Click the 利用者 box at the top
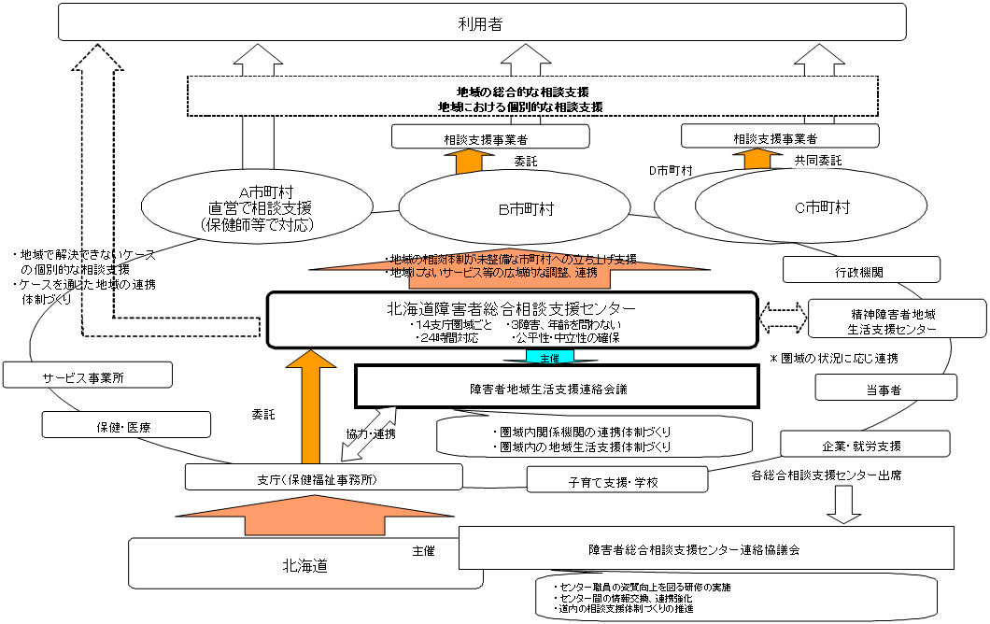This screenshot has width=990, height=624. click(x=482, y=21)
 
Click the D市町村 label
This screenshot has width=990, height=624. click(x=670, y=171)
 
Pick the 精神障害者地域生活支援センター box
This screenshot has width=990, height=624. click(x=896, y=319)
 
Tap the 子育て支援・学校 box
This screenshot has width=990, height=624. click(x=617, y=480)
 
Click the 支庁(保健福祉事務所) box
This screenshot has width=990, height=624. click(x=324, y=477)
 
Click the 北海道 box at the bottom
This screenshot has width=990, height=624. click(x=304, y=565)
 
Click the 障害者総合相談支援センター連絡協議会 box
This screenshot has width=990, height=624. click(x=706, y=549)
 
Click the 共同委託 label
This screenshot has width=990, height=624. click(x=817, y=161)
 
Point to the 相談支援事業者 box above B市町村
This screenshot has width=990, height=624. click(x=490, y=138)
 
